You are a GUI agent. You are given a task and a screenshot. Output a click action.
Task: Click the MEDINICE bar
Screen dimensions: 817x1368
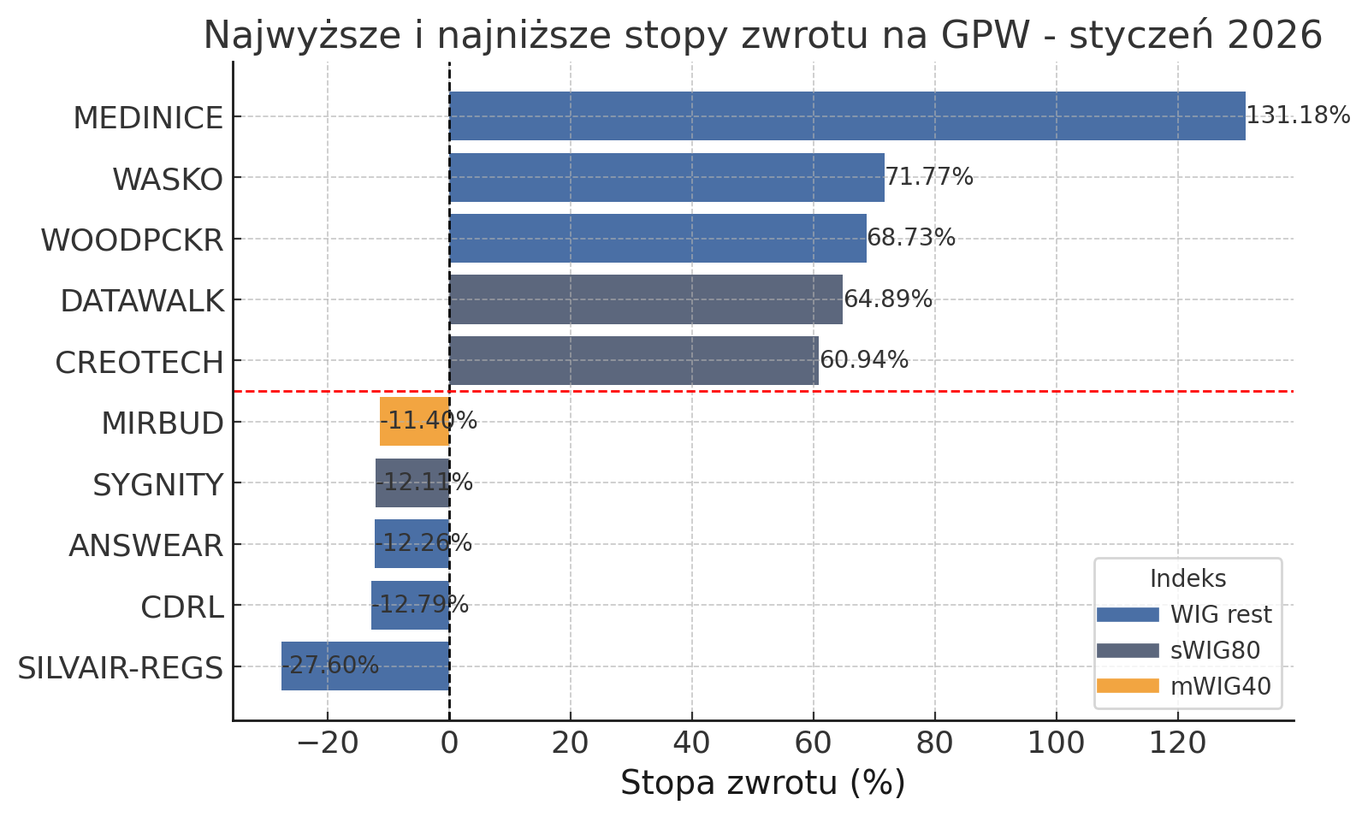847,116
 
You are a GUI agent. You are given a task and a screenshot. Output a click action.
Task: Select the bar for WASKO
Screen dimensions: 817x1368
666,178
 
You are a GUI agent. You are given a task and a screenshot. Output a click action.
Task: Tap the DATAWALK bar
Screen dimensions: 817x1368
646,299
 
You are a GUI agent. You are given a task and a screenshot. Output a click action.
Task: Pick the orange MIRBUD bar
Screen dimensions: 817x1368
415,422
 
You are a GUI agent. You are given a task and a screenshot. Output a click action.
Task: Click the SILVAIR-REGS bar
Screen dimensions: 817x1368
365,666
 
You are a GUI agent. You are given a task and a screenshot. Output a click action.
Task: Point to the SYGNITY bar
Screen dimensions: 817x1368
412,483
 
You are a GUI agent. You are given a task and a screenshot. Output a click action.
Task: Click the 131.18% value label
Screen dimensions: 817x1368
1298,115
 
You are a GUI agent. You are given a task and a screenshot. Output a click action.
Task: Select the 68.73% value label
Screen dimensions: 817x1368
911,238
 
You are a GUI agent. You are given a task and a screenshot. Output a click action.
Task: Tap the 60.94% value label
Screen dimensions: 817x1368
864,360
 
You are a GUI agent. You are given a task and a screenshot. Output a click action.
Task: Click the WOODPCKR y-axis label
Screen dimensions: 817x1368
133,240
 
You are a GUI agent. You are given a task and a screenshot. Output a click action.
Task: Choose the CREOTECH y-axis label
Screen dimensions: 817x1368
139,363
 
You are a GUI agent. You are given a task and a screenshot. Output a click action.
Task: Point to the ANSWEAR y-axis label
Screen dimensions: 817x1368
146,546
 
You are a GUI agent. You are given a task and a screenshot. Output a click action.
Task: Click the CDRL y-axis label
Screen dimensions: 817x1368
182,607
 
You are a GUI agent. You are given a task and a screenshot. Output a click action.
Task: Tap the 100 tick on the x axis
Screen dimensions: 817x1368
1057,743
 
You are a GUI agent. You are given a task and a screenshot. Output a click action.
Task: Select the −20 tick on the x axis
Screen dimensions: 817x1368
327,743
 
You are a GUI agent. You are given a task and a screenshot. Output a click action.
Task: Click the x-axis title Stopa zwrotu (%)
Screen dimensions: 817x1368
762,783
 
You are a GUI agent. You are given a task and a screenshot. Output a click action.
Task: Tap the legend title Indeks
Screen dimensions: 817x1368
1187,579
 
